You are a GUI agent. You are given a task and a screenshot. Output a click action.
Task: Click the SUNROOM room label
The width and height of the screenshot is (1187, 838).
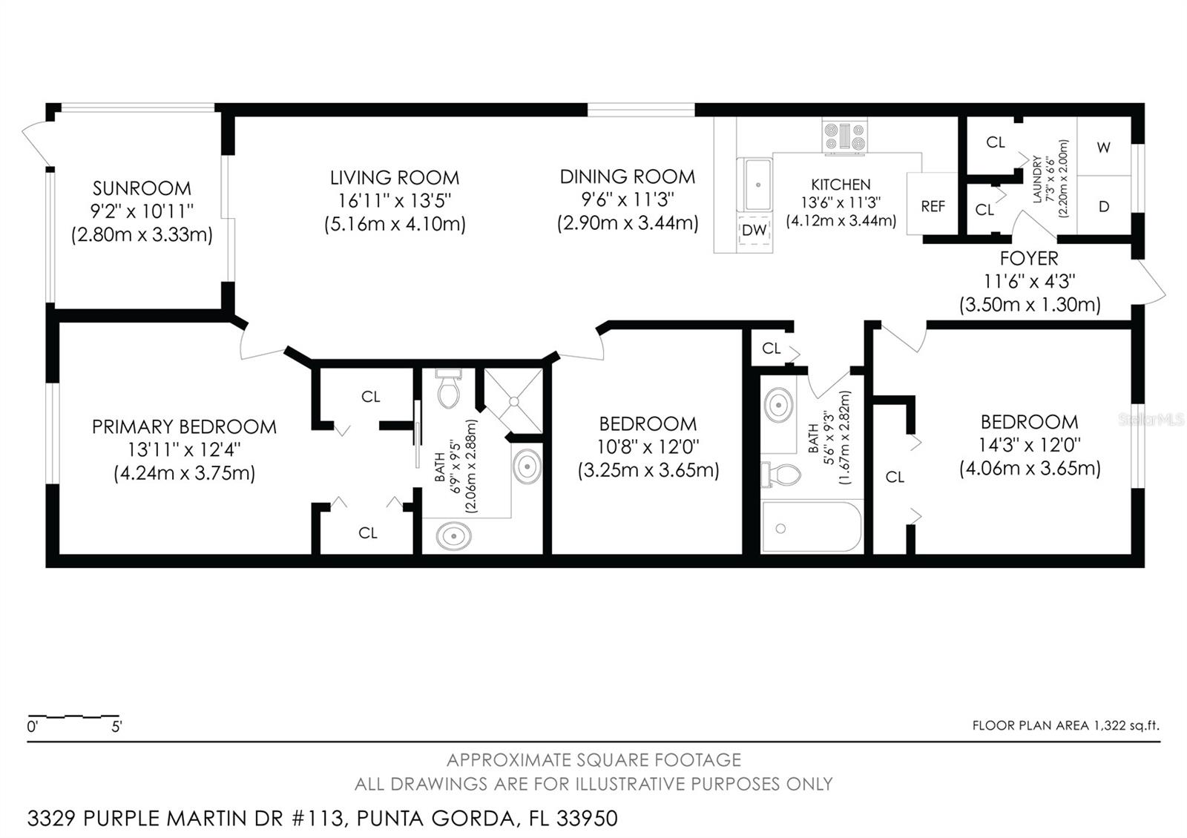click(142, 188)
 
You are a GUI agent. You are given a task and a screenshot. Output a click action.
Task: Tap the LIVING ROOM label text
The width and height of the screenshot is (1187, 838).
click(395, 178)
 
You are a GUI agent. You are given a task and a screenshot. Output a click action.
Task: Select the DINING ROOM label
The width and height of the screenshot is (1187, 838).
click(628, 176)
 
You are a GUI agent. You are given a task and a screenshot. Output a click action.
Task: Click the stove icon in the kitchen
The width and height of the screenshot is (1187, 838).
click(844, 136)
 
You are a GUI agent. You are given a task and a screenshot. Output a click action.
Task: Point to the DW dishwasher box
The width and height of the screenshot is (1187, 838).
click(754, 231)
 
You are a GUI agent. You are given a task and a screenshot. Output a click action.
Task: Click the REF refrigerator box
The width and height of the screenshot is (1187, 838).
click(933, 206)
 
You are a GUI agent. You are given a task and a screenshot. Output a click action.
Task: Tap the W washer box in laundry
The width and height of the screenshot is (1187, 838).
click(1104, 148)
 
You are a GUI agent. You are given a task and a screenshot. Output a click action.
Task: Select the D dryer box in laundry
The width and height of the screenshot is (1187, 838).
click(1104, 207)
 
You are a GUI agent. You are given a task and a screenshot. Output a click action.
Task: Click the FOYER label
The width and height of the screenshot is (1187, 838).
click(1029, 259)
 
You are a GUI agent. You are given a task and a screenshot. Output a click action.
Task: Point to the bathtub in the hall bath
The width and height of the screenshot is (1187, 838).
click(812, 527)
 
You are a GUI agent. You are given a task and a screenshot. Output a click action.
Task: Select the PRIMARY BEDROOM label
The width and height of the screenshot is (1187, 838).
click(184, 427)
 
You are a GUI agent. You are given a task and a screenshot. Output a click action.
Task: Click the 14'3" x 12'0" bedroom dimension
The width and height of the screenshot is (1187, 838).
click(1030, 445)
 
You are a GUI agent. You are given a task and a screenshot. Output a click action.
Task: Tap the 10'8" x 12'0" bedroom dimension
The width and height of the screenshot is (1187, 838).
click(648, 447)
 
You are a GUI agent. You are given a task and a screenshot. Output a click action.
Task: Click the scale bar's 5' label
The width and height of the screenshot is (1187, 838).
click(116, 728)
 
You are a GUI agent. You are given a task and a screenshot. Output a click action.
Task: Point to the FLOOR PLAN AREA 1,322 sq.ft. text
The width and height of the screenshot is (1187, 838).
click(1065, 726)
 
